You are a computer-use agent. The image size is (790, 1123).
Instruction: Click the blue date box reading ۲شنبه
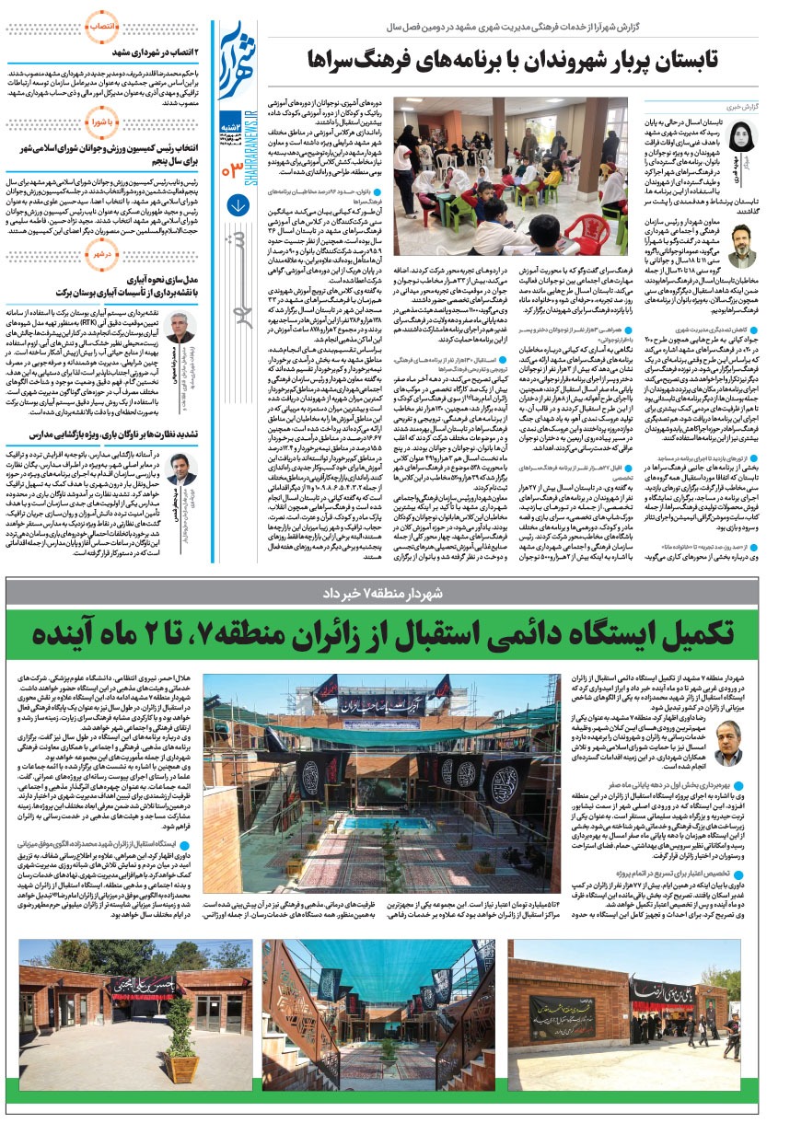(x=233, y=126)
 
